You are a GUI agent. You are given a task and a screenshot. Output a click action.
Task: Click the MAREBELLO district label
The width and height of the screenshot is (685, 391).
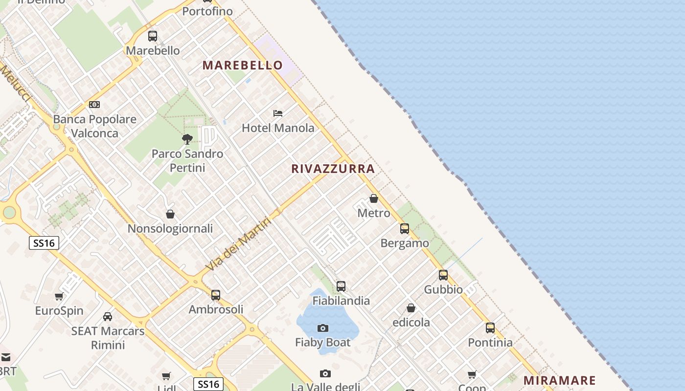click(243, 65)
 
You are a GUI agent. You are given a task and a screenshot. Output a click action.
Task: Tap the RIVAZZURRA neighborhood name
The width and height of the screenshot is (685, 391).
click(333, 169)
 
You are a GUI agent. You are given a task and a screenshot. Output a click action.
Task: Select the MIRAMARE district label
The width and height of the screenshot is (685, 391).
click(560, 380)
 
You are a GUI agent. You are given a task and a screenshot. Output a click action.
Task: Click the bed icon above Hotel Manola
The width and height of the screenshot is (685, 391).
click(278, 113)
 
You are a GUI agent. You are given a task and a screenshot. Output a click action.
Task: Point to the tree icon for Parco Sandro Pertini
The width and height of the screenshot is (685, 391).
click(187, 139)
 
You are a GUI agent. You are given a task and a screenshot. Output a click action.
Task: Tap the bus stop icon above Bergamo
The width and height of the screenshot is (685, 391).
click(405, 228)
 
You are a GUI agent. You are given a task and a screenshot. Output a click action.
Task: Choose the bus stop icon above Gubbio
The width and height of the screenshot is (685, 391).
click(443, 275)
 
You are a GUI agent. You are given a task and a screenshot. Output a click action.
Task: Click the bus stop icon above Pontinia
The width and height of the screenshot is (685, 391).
click(490, 328)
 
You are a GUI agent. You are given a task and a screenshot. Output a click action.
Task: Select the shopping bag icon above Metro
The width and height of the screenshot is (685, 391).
click(374, 198)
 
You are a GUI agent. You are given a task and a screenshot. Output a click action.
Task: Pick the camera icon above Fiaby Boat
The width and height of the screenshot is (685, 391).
click(323, 328)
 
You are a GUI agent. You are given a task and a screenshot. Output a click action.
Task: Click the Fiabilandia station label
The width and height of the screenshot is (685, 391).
click(341, 301)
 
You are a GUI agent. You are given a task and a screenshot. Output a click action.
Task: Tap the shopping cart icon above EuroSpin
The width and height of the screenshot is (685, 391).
click(59, 296)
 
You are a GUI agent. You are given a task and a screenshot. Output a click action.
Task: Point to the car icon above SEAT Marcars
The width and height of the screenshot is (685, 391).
click(108, 317)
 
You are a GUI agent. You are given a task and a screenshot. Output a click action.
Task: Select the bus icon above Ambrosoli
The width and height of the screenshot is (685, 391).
click(216, 295)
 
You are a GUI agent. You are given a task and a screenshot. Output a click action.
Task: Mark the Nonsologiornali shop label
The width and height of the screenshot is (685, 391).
click(170, 229)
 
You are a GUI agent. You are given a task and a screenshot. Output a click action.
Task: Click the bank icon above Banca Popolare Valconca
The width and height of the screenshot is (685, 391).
click(94, 105)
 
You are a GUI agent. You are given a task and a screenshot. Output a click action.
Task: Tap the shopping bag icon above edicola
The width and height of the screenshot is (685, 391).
click(411, 308)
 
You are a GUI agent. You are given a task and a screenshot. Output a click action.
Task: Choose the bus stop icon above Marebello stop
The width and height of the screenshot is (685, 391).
click(153, 36)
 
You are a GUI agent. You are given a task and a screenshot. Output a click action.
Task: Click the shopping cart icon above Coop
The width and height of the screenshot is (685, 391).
click(472, 374)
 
